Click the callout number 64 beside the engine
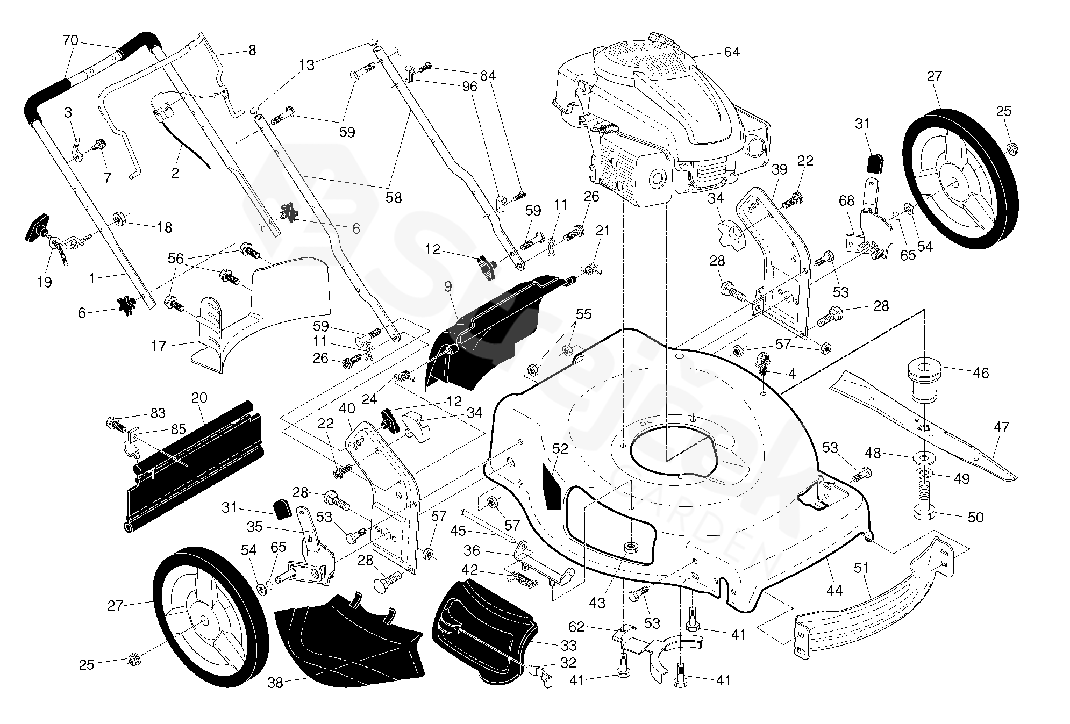point(732,52)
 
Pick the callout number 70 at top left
point(70,40)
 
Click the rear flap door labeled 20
point(194,468)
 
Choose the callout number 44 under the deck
point(834,590)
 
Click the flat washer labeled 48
point(923,457)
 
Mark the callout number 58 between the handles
point(394,198)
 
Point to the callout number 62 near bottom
point(576,627)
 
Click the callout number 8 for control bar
point(252,51)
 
